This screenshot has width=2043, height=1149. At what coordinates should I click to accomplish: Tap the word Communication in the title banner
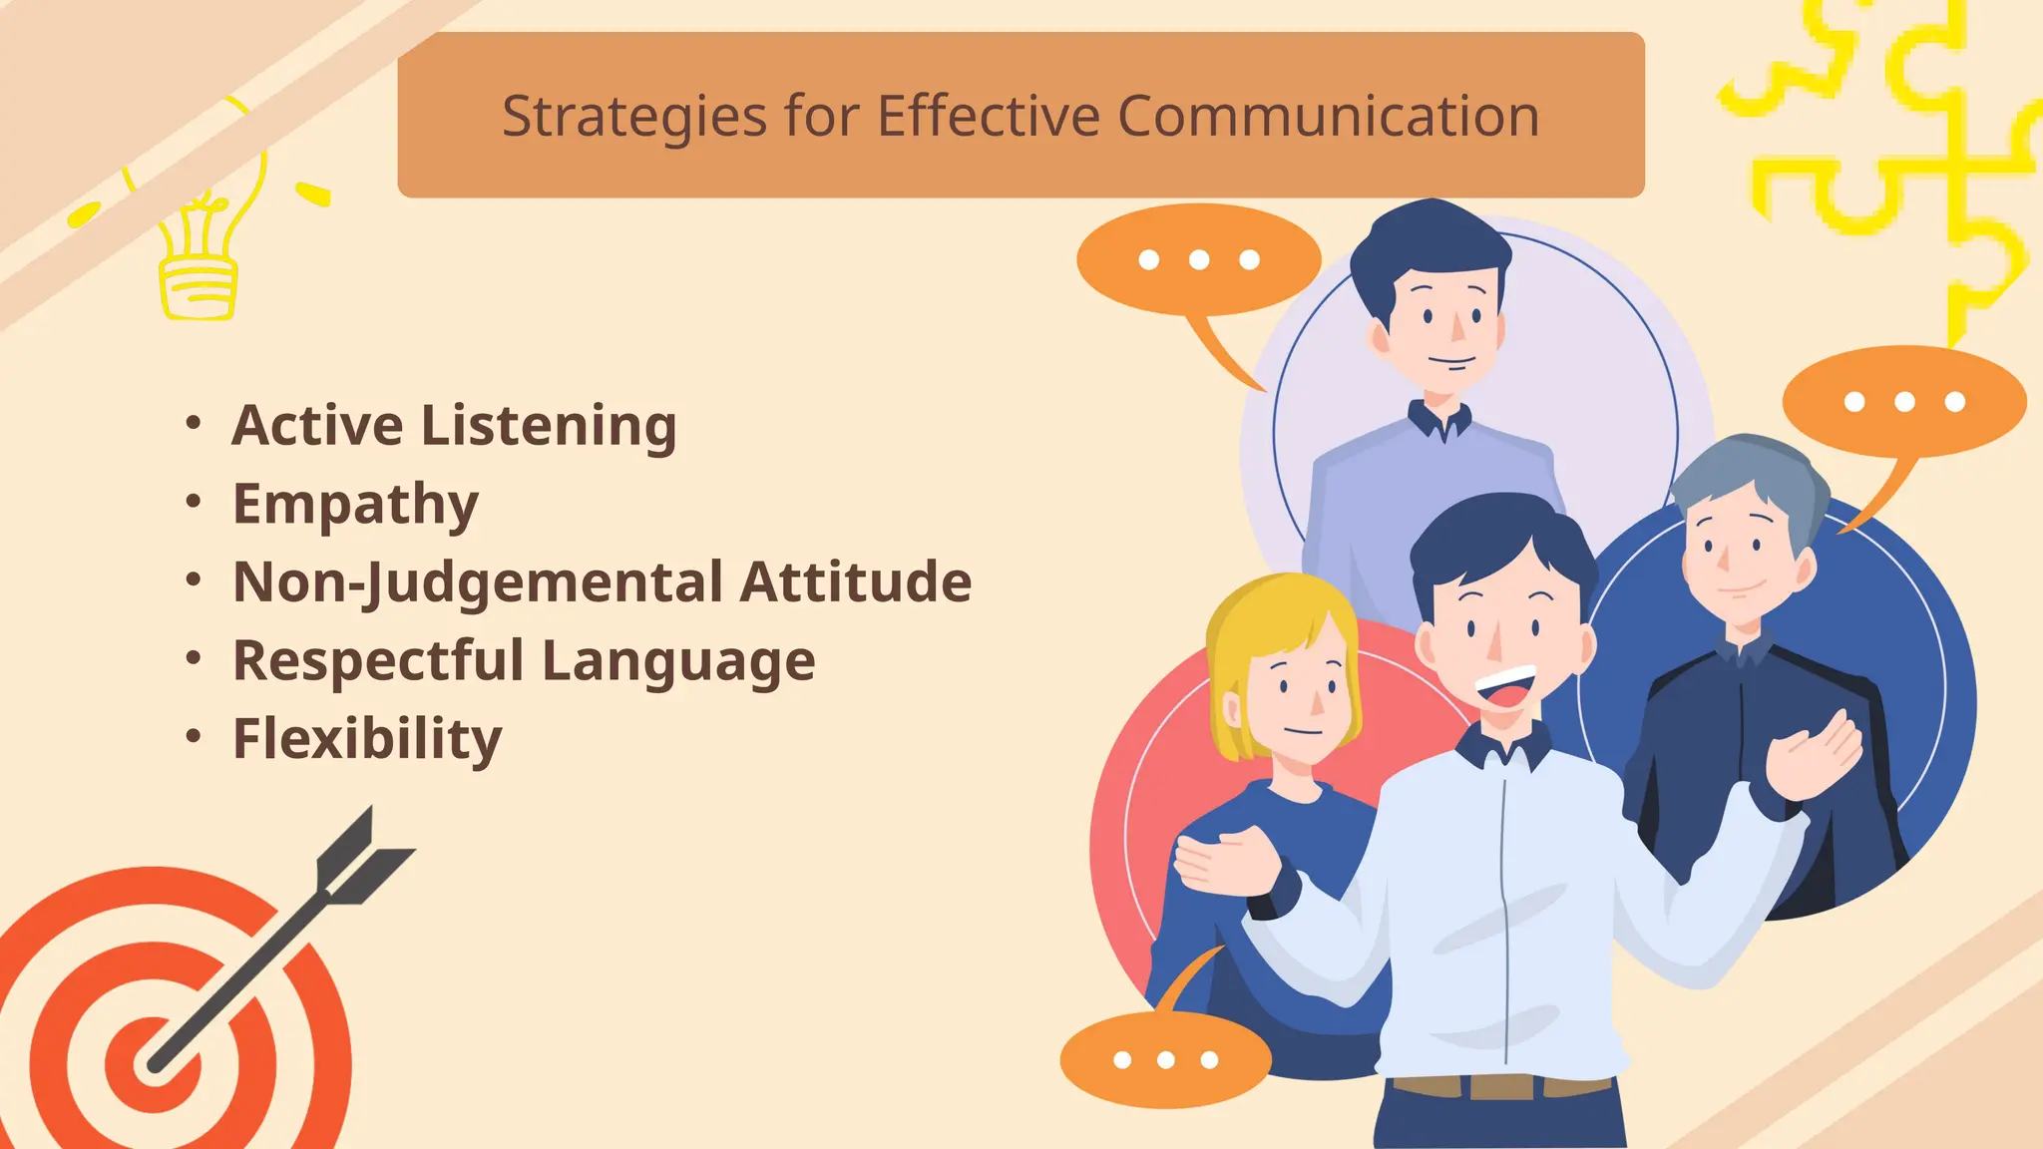[x=1328, y=117]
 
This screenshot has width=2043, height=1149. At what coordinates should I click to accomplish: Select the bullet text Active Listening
[x=454, y=426]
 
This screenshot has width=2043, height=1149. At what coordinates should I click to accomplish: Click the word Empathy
[x=355, y=505]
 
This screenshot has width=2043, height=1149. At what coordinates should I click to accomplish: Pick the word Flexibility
[x=367, y=739]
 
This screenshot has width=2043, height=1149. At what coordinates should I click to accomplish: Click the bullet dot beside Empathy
[x=194, y=502]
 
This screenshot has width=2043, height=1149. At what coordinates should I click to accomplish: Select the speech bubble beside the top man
[x=1198, y=260]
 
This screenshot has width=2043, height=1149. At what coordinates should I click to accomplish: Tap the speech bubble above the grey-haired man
[x=1903, y=402]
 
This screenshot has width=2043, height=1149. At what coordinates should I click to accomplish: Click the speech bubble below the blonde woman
[x=1165, y=1059]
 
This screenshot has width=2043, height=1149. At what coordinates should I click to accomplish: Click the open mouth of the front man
[x=1505, y=689]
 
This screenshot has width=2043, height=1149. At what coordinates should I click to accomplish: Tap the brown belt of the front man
[x=1501, y=1085]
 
